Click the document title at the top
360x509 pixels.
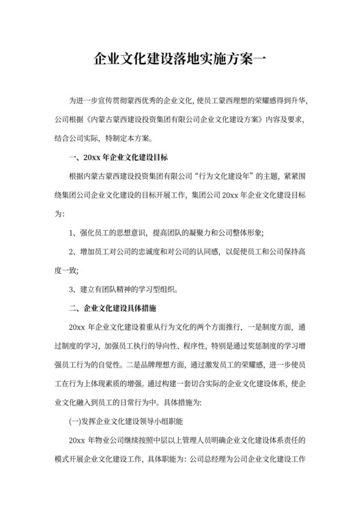coord(179,60)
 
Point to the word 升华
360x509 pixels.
coord(300,102)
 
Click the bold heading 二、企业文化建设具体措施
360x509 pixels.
coord(113,307)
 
